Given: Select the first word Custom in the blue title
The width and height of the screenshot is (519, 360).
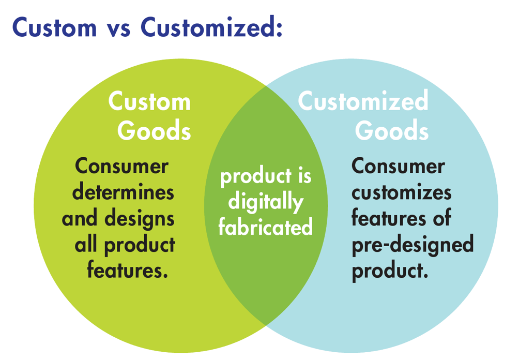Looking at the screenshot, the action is pyautogui.click(x=54, y=27).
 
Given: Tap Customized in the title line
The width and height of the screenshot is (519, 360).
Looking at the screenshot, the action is pyautogui.click(x=211, y=27).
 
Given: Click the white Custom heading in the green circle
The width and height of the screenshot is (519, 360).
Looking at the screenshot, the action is pyautogui.click(x=149, y=101).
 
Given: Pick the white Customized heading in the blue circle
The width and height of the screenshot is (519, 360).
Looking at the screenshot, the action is pyautogui.click(x=363, y=100).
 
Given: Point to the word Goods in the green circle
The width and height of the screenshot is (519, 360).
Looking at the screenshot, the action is pyautogui.click(x=154, y=130).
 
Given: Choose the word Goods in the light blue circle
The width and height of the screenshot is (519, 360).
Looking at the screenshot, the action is pyautogui.click(x=392, y=130).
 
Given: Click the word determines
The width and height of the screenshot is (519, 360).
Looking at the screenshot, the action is pyautogui.click(x=123, y=191).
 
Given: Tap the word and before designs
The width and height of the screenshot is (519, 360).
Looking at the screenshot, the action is pyautogui.click(x=80, y=219).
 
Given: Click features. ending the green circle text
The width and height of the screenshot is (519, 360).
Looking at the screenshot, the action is pyautogui.click(x=128, y=270).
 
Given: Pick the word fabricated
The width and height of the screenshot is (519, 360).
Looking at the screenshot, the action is pyautogui.click(x=266, y=227).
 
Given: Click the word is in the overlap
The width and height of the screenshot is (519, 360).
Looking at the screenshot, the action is pyautogui.click(x=305, y=175).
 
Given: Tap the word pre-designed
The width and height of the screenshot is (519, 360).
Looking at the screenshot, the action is pyautogui.click(x=413, y=245).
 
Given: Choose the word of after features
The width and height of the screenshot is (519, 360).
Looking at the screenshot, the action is pyautogui.click(x=442, y=218).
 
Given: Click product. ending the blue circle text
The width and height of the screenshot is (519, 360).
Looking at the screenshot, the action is pyautogui.click(x=390, y=271).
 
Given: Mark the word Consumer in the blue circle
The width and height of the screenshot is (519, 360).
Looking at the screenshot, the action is pyautogui.click(x=398, y=166).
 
